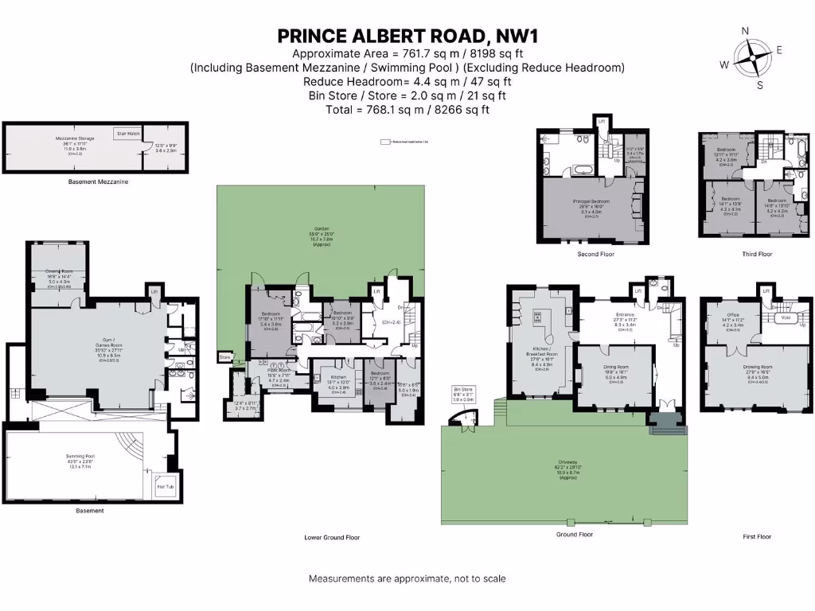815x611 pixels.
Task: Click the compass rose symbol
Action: (x=747, y=58)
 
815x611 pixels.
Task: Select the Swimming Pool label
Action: (x=80, y=456)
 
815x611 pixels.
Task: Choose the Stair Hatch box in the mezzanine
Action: (x=127, y=134)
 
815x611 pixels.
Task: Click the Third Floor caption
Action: (x=756, y=255)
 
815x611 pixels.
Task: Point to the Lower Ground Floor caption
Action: (x=332, y=538)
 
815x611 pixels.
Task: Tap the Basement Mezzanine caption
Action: (x=98, y=181)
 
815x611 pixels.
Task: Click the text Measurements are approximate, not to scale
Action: (x=407, y=578)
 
